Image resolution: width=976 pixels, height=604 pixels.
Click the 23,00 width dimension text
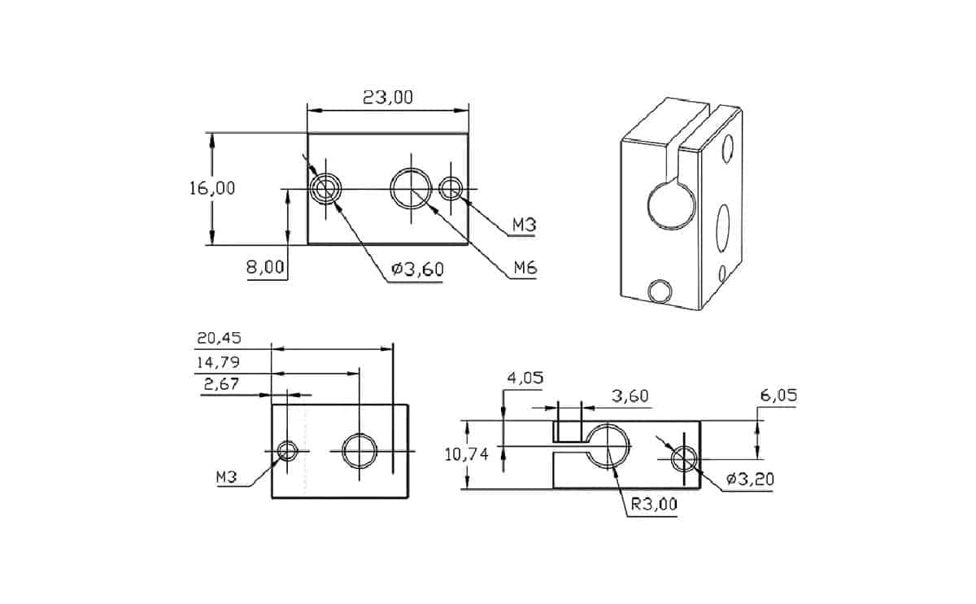click(387, 98)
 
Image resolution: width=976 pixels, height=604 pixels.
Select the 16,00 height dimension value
click(212, 188)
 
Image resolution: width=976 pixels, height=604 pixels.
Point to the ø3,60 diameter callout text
click(416, 269)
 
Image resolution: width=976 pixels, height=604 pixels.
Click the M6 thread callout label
click(525, 268)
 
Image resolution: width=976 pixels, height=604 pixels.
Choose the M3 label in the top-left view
click(525, 225)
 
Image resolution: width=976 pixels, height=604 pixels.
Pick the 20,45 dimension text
click(219, 338)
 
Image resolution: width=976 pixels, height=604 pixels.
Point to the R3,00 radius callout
click(653, 504)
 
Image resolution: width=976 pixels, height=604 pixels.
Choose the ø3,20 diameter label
click(750, 479)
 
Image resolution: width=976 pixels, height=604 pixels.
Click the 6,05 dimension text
click(778, 396)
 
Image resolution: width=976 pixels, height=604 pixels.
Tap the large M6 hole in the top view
click(411, 188)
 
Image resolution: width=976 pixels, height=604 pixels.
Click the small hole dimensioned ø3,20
click(683, 459)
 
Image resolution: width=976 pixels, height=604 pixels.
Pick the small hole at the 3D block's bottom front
click(660, 290)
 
